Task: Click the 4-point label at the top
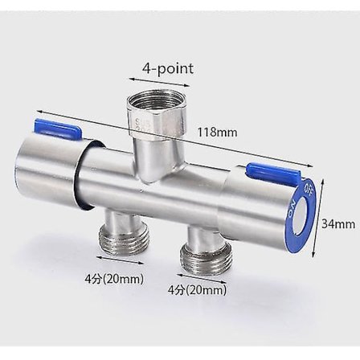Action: tap(168, 68)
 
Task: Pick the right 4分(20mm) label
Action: tap(197, 288)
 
